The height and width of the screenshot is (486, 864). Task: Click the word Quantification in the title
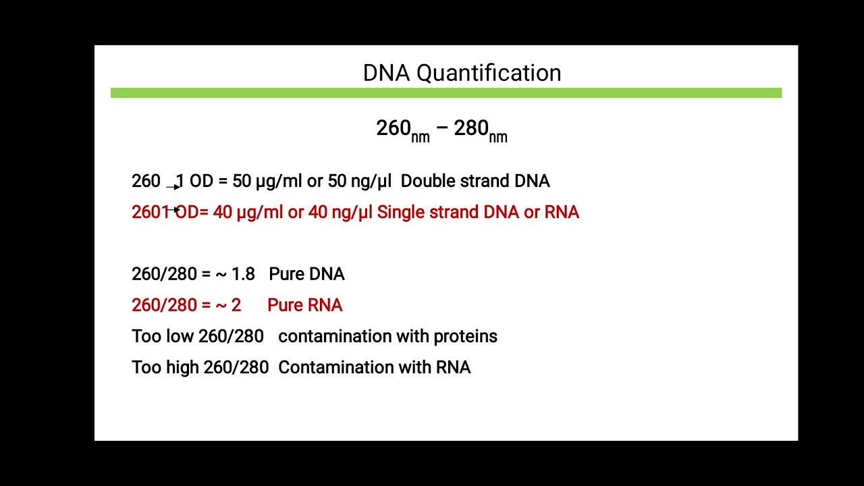tap(489, 73)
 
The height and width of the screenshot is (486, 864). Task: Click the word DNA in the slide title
tap(386, 73)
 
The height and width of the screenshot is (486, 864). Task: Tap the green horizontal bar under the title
tap(446, 93)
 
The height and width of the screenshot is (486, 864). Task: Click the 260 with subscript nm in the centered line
tap(402, 130)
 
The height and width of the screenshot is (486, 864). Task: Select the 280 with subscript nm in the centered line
tap(480, 130)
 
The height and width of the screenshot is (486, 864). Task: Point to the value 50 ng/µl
tap(359, 181)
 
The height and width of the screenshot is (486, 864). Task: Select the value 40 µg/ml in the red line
tap(248, 212)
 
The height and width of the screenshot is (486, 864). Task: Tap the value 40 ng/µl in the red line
tap(340, 212)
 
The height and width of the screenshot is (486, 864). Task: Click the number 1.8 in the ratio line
tap(243, 274)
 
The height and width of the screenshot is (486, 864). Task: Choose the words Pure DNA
tap(306, 274)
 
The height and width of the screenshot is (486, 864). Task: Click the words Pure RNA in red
tap(304, 305)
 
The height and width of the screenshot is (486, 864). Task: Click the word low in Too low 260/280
tap(180, 336)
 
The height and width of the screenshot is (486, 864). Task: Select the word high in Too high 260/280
tap(182, 367)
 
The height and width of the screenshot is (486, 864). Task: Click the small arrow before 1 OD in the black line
tap(173, 186)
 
